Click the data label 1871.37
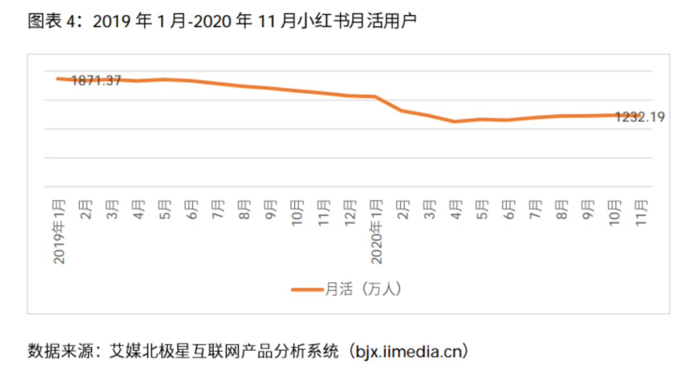click(x=96, y=81)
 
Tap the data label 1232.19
click(x=640, y=117)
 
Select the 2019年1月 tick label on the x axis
click(x=59, y=231)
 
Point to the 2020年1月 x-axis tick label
click(x=376, y=231)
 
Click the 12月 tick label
click(x=350, y=212)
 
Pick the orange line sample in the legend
click(x=307, y=289)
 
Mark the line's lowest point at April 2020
click(x=454, y=121)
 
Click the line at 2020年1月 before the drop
click(x=375, y=97)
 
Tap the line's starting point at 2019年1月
click(x=59, y=78)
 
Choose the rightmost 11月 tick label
click(x=641, y=212)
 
